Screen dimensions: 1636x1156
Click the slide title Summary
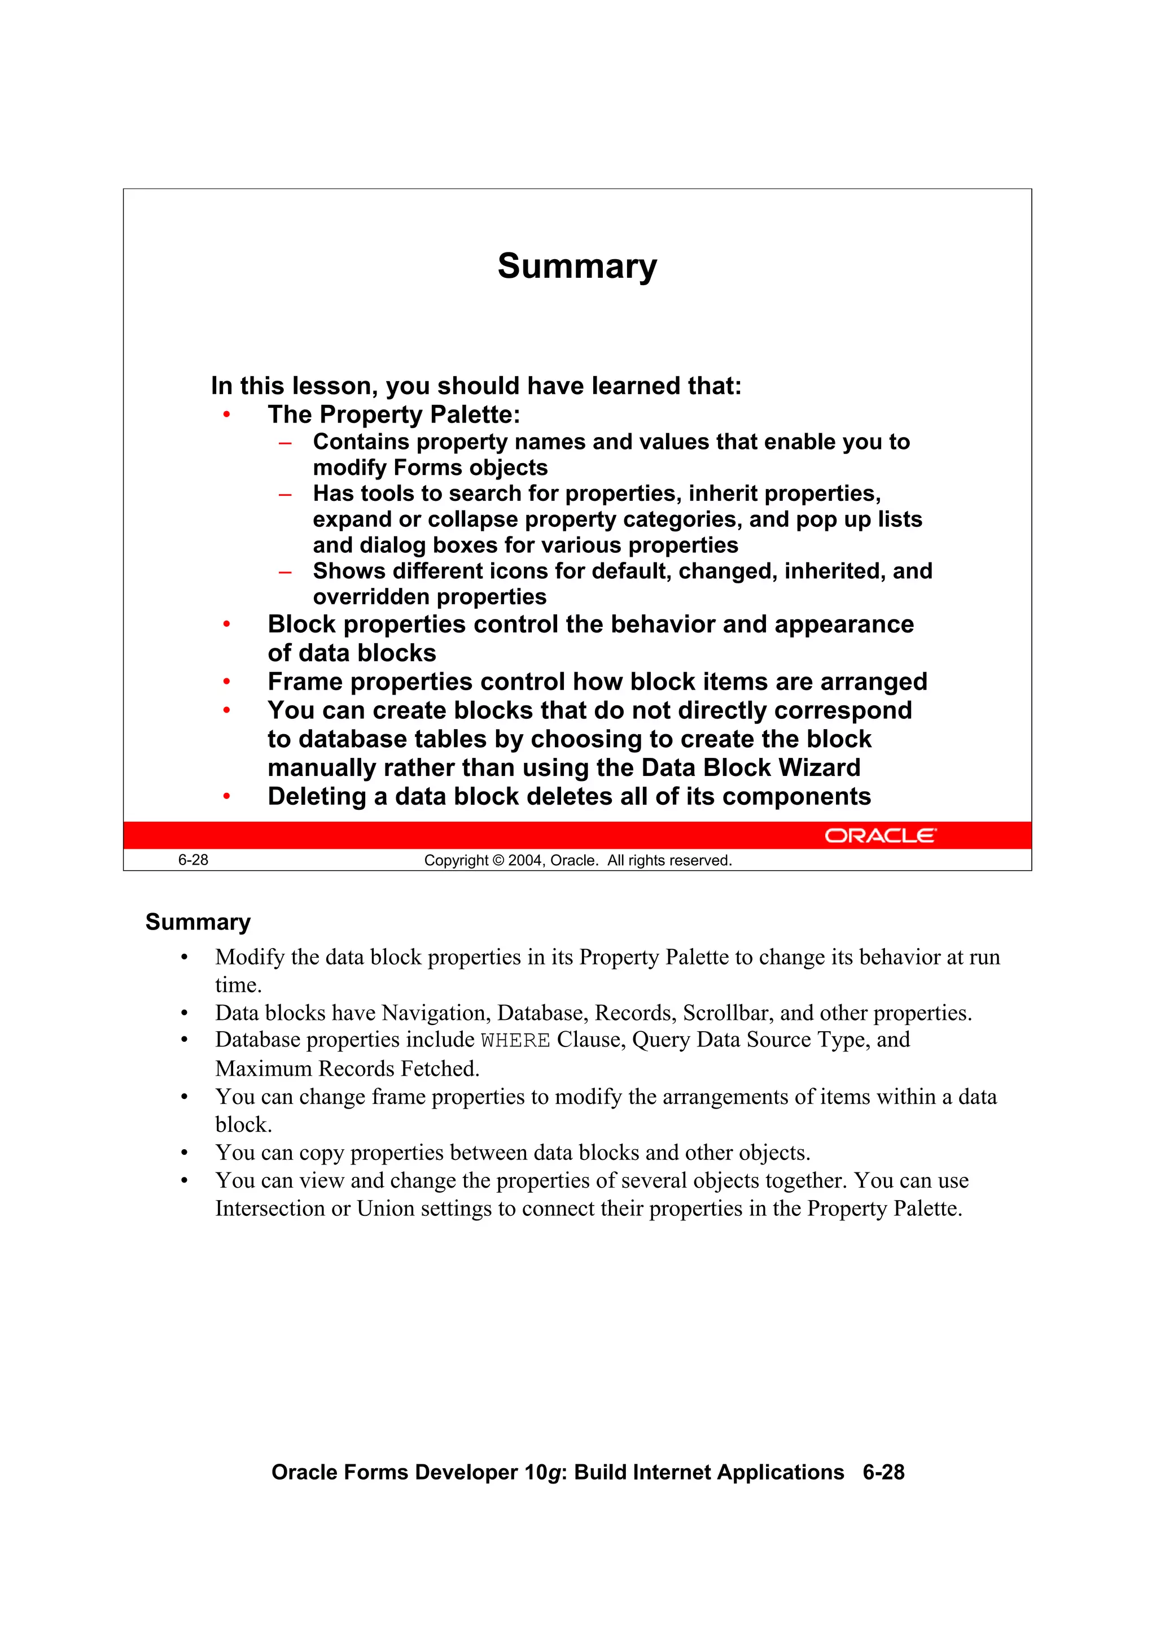pos(577,267)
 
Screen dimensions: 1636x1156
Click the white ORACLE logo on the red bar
pos(881,835)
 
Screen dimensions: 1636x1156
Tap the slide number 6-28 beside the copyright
pos(193,860)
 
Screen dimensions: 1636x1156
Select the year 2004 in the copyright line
pos(525,861)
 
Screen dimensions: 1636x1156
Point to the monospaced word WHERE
pos(515,1041)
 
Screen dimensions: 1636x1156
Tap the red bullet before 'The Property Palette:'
pos(226,415)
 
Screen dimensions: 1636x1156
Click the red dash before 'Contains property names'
pos(285,443)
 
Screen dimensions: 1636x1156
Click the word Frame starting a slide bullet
pos(305,682)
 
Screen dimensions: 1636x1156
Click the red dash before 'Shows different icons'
pos(285,572)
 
